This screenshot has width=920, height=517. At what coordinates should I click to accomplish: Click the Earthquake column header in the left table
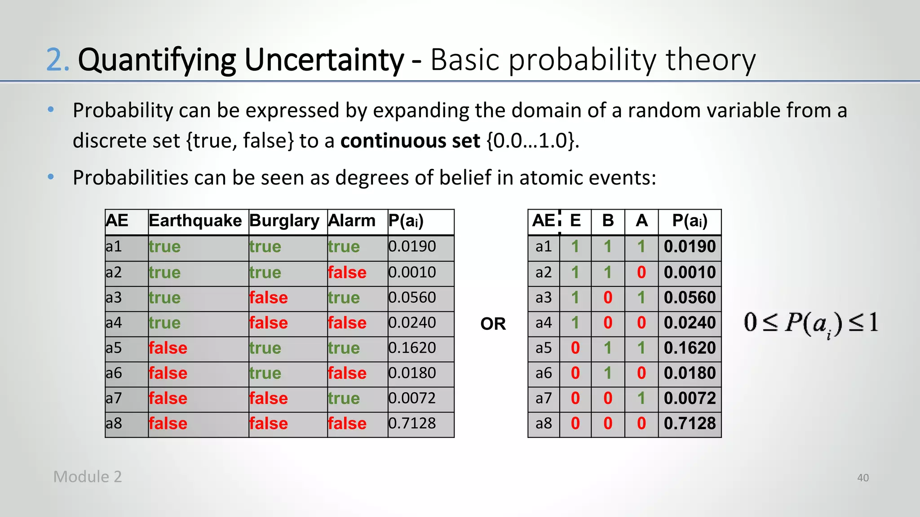pos(195,221)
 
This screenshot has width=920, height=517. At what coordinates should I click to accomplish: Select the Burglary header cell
pos(284,221)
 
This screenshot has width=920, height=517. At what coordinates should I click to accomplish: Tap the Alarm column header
pos(352,221)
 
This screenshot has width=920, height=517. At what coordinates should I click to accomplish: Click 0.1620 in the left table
pos(412,348)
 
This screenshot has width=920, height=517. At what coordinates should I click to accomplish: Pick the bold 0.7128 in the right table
pos(690,423)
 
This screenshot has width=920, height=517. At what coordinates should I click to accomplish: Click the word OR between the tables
pos(493,324)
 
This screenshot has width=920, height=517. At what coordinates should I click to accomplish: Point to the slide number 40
pos(862,478)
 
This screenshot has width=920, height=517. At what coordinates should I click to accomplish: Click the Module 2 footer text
pos(88,477)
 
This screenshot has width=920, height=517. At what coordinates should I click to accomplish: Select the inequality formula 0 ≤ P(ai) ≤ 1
pos(811,323)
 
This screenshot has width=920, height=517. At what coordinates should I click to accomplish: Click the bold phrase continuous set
pos(410,141)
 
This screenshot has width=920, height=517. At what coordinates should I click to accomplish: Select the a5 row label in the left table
pos(114,348)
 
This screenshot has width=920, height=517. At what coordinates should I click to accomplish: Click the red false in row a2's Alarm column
pos(347,272)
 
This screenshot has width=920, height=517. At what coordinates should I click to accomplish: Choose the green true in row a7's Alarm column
pos(344,399)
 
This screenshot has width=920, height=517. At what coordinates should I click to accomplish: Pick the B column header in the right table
pos(608,221)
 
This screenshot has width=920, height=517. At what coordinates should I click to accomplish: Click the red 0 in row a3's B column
pos(608,298)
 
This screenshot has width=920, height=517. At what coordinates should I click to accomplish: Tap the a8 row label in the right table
pos(544,423)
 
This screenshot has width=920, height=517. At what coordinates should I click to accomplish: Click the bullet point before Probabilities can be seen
pos(51,177)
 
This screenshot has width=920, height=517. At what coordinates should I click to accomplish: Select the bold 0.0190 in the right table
pos(690,246)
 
